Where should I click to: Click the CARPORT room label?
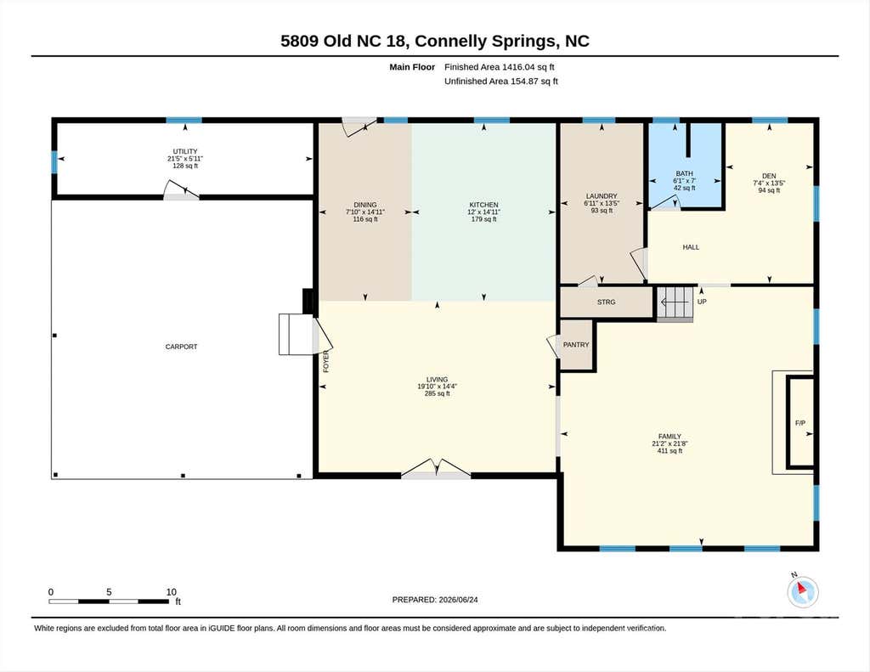coord(182,347)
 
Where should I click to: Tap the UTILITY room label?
coord(184,151)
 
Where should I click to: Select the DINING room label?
coord(365,205)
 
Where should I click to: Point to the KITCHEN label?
coord(483,205)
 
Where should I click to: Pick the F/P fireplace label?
coord(800,423)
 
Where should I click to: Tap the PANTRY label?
coord(576,345)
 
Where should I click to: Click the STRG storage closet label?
coord(606,302)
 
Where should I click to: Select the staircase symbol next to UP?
coord(675,303)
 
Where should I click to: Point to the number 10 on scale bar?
coord(172,592)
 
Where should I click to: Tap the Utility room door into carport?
coord(182,190)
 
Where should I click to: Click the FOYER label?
coord(326,361)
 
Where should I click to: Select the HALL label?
coord(691,247)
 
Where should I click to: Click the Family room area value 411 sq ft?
coord(669,451)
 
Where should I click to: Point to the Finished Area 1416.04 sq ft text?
coord(500,67)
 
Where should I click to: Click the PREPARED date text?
coord(435,600)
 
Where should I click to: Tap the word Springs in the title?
coord(522,42)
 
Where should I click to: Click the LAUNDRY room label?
coord(602,196)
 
